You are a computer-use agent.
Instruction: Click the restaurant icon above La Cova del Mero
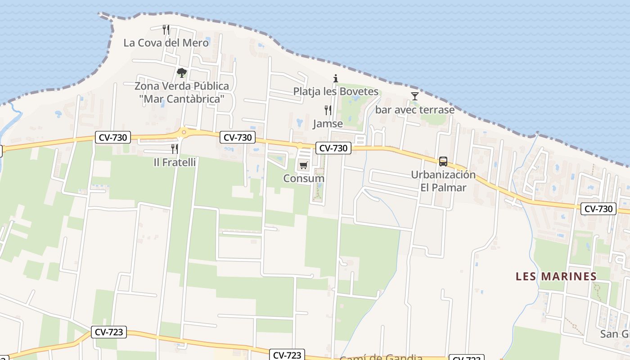coord(166,30)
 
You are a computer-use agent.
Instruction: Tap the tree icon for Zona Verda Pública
coord(181,72)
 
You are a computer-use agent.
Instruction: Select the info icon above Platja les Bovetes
coord(335,78)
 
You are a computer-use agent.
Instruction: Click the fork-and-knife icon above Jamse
coord(328,110)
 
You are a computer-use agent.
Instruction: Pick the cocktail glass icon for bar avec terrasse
coord(414,96)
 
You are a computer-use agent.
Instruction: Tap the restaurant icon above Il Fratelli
coord(175,148)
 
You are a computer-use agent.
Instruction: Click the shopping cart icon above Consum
coord(304,165)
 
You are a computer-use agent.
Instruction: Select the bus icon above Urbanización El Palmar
coord(443,161)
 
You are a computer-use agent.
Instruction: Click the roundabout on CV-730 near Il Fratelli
coord(184,132)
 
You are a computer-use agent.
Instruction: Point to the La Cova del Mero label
coord(166,43)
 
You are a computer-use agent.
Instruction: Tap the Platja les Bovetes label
coord(336,91)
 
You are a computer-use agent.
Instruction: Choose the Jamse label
coord(328,123)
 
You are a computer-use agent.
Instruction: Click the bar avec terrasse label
coord(414,109)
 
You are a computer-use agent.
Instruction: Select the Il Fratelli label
coord(175,162)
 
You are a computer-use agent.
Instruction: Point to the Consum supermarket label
coord(304,178)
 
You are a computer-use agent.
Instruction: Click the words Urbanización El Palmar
coord(443,181)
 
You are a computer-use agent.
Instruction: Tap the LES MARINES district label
coord(556,276)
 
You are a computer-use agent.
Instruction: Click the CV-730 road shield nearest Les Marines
coord(598,209)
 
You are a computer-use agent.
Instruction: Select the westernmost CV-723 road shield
coord(108,332)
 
